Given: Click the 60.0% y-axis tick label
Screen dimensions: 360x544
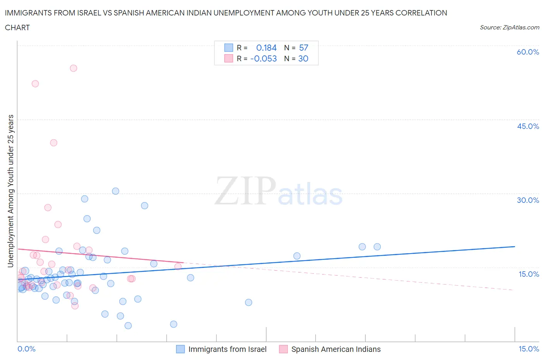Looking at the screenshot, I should coord(528,52).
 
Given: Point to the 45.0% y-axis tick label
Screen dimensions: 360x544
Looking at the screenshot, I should coord(528,126).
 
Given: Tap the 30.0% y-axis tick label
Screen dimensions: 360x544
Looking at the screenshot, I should coord(528,200).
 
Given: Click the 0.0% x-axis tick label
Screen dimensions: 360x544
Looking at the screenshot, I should coord(26,349).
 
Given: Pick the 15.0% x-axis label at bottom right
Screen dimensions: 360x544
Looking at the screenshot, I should coord(529,349).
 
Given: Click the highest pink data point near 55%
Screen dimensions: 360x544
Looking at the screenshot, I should coord(74,68).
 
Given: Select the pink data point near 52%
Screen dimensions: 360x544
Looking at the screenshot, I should coord(35,84).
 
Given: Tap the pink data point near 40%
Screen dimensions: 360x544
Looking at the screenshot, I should coord(54,143).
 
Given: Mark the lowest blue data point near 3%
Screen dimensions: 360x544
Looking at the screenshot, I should coord(128,326).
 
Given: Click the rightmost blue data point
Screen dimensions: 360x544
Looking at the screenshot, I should coord(377,247).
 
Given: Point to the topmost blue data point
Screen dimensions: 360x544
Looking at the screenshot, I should coord(116,191).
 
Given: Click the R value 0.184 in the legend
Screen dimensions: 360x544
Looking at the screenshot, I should coord(266,48).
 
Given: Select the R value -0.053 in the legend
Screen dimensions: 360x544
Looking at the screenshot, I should coord(263,58).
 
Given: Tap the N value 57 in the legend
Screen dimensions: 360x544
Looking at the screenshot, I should coord(304,48).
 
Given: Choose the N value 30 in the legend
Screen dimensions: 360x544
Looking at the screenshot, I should coord(303,58).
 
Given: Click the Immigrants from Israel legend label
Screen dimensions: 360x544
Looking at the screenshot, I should coord(227,349).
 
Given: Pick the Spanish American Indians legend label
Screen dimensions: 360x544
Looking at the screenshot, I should coord(335,349).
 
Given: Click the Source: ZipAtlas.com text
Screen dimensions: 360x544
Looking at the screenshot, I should coord(509,27).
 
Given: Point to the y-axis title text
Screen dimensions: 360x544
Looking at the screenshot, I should coord(10,191).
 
